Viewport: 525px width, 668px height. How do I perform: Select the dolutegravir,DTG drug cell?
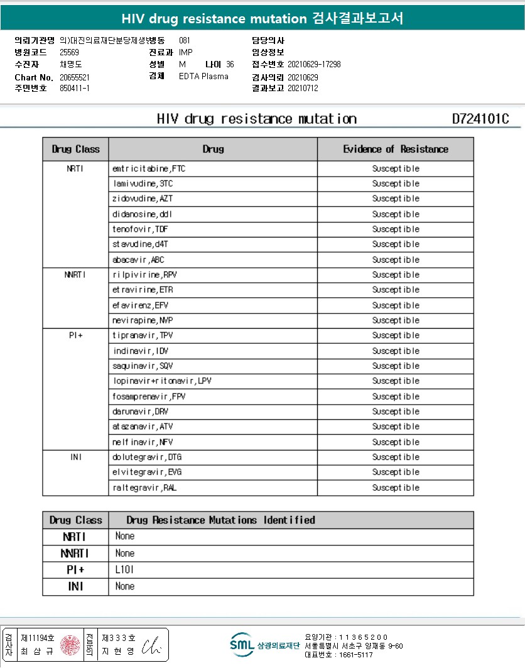tap(147, 457)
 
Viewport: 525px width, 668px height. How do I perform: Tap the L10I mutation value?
tap(124, 570)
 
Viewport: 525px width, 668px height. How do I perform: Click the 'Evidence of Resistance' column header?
tap(395, 150)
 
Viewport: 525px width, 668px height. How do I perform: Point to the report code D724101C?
tap(480, 119)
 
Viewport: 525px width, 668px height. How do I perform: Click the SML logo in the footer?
tap(242, 645)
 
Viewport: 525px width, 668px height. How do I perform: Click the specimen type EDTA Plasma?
tap(203, 77)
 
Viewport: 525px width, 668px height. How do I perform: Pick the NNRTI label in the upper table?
tap(75, 275)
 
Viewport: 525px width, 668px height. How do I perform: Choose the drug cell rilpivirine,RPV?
tap(144, 275)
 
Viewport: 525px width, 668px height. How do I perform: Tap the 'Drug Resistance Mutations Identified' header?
tap(220, 520)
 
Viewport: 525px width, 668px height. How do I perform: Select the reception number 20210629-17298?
tap(314, 65)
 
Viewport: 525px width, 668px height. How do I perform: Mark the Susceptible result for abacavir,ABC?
tap(395, 260)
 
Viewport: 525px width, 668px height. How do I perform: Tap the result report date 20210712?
tap(303, 89)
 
